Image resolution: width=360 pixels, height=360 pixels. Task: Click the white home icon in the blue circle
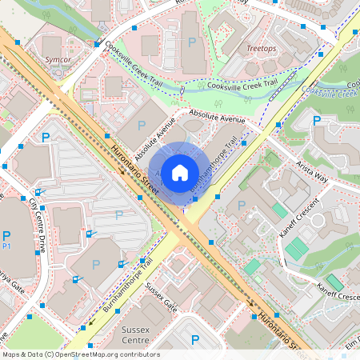pos(179,172)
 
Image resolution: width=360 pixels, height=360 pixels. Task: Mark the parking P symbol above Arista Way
pos(318,122)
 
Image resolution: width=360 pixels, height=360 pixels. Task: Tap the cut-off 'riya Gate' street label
pos(11,273)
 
